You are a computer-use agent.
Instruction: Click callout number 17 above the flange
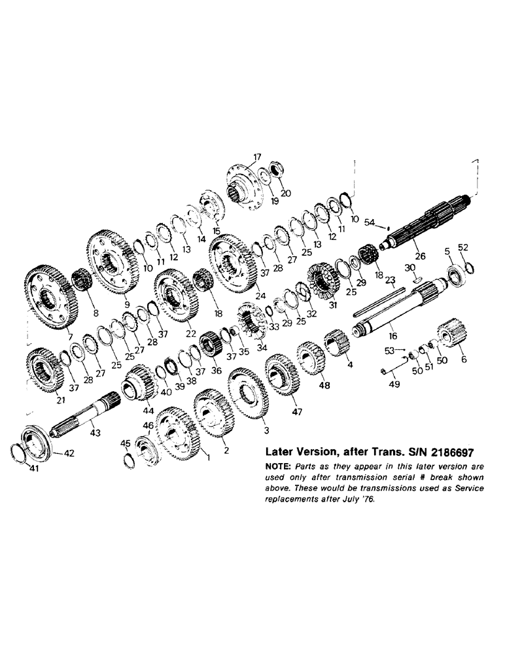tap(256, 157)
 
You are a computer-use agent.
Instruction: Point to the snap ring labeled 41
tap(23, 453)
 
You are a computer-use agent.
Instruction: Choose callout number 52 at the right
tap(463, 247)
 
